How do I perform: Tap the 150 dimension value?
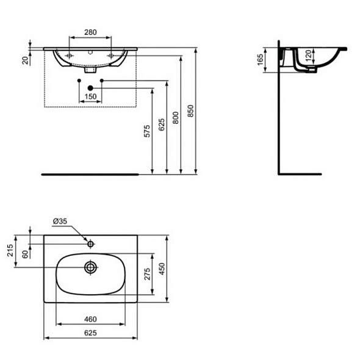(90, 97)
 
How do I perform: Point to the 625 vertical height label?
(162, 125)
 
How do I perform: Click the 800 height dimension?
(176, 118)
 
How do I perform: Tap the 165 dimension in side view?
(260, 60)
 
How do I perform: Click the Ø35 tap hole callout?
(60, 220)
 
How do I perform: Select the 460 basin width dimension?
(90, 319)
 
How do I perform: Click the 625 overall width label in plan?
(90, 334)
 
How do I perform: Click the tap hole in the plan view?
(90, 243)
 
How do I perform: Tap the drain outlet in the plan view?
(90, 267)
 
